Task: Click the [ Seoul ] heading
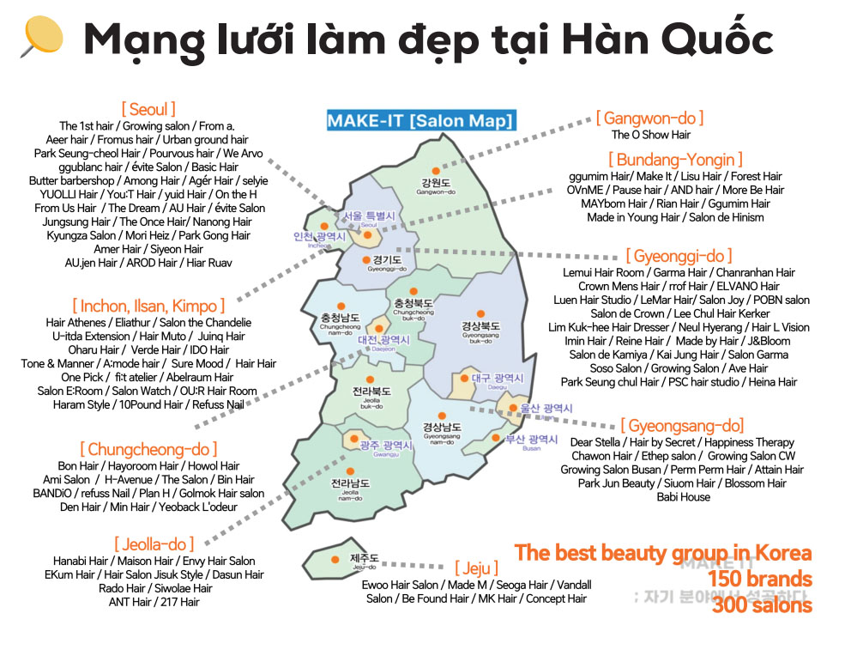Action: coord(148,109)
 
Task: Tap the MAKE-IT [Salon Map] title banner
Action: coord(419,120)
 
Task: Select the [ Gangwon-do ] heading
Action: coord(649,118)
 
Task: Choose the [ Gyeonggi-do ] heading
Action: coord(679,256)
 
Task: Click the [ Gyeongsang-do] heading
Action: coord(682,426)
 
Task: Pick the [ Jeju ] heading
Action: coord(475,568)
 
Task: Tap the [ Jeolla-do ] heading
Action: coord(154,544)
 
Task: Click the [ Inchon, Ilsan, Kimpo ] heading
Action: coord(148,306)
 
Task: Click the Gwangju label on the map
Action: coord(378,445)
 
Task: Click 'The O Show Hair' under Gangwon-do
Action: coord(650,135)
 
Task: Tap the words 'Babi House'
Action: coord(683,497)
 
